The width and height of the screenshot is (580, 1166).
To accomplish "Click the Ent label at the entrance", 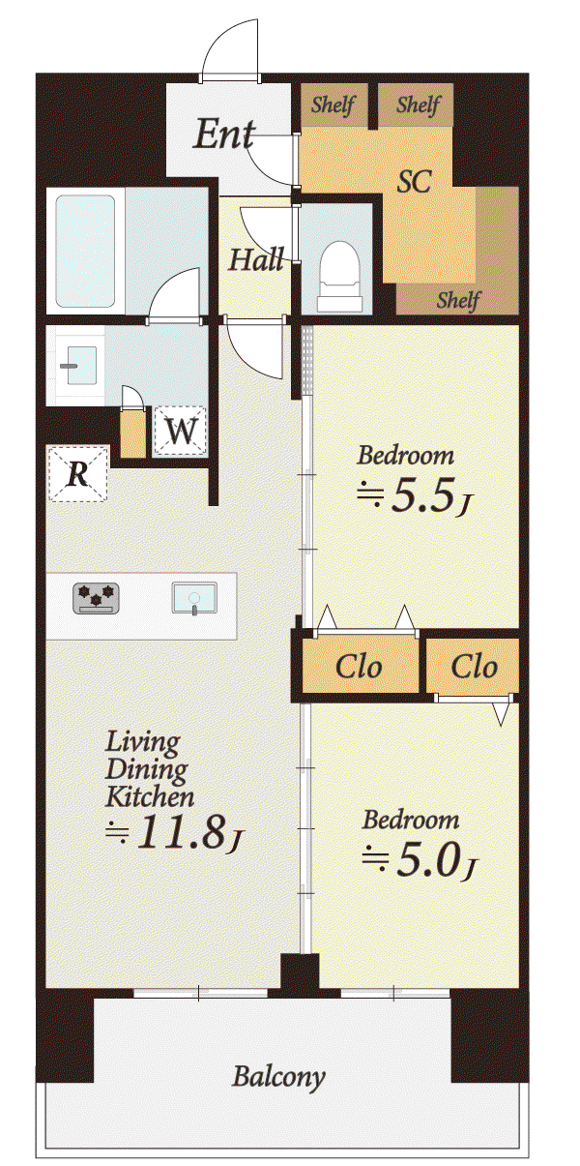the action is click(224, 135).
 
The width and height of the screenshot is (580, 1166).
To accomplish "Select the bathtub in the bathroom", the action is click(85, 252).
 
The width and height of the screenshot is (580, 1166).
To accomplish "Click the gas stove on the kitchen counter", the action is click(97, 598).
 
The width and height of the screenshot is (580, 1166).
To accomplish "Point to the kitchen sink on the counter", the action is click(194, 599).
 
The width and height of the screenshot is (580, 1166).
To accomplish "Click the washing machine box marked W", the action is click(181, 431).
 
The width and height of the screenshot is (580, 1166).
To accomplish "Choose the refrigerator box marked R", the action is click(78, 474).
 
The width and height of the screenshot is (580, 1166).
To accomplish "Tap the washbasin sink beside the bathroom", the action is click(80, 366).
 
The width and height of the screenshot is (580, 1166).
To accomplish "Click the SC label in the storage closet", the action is click(414, 182).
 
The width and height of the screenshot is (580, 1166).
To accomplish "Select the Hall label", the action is click(256, 259).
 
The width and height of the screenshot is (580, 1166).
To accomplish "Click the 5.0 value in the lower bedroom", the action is click(428, 860).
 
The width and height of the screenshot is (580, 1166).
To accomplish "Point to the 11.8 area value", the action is click(183, 831).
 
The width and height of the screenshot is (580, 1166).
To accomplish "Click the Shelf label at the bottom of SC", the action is click(459, 300).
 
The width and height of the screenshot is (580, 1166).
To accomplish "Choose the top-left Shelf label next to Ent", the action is click(333, 105).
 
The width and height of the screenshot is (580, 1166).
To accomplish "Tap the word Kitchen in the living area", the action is click(150, 797).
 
